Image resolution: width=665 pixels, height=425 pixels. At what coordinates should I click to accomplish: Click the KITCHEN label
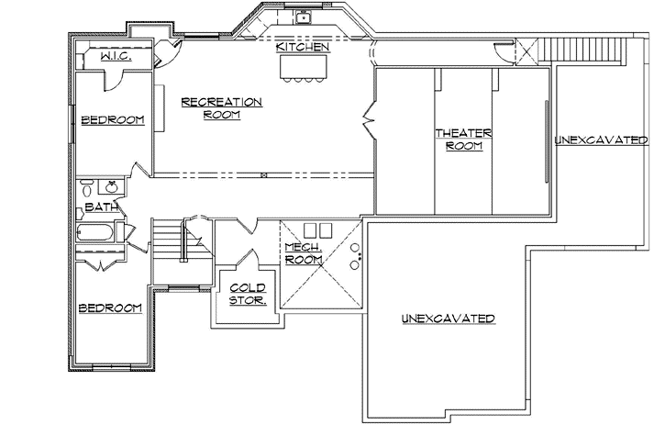[x=302, y=47]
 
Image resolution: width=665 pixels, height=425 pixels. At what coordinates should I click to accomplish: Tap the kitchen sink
[x=304, y=17]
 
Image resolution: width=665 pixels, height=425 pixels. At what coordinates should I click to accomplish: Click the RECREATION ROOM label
[x=222, y=108]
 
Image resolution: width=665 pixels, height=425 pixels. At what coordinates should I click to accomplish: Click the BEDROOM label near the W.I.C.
[x=113, y=120]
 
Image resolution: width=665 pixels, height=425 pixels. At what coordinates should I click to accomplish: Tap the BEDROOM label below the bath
[x=109, y=308]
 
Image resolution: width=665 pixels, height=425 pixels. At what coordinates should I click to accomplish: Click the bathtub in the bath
[x=97, y=236]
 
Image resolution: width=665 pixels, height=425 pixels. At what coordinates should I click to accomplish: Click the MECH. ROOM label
[x=302, y=253]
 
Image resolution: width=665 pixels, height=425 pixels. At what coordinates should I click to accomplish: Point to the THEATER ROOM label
[x=463, y=140]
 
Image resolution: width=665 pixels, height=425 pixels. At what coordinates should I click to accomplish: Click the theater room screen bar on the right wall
[x=549, y=141]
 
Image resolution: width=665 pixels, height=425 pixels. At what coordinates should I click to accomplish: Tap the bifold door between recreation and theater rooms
[x=371, y=118]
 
